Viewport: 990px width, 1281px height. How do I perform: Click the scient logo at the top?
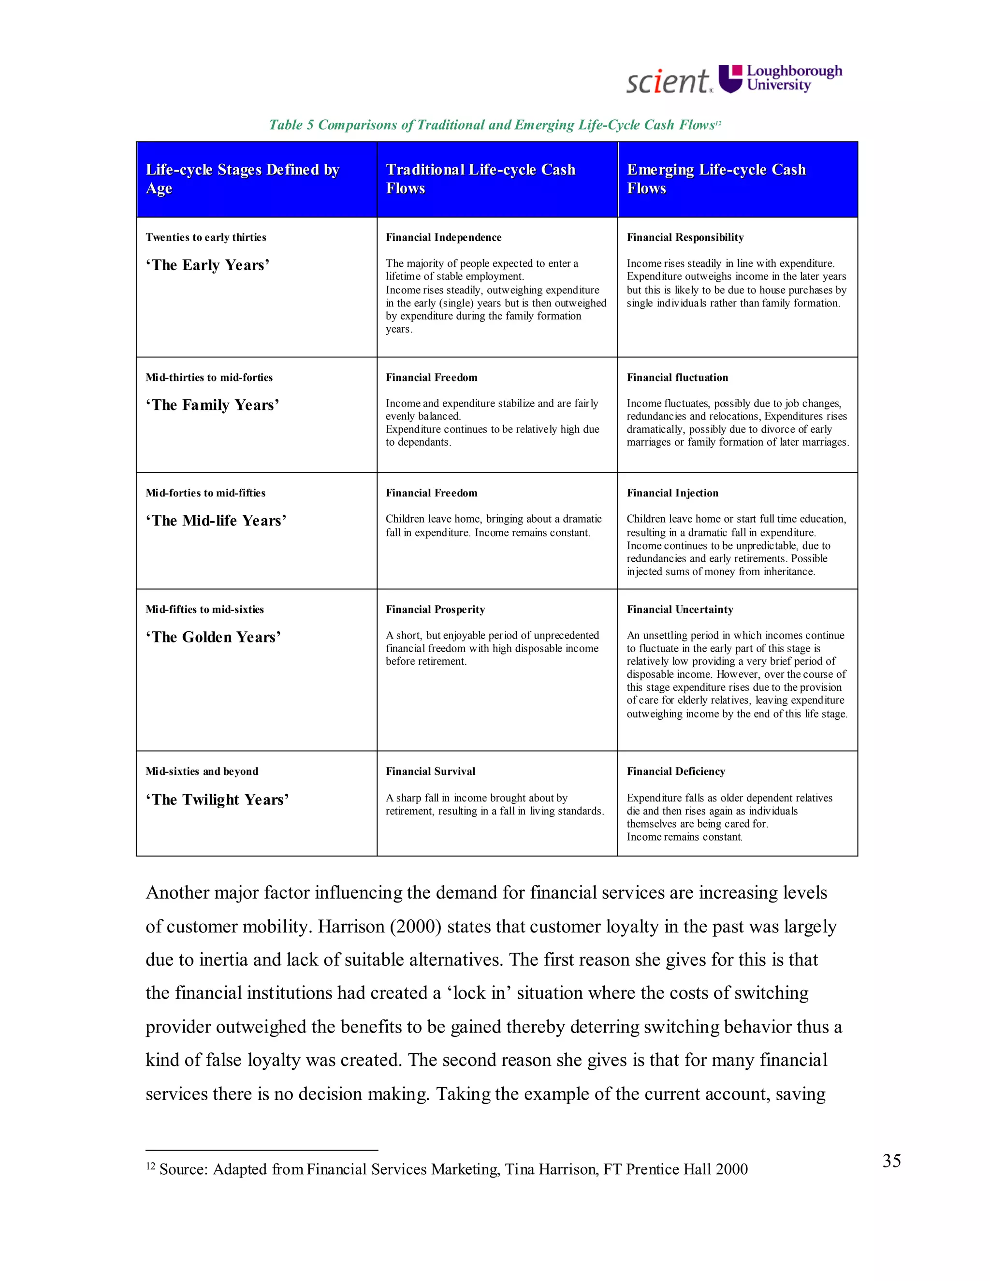(x=669, y=81)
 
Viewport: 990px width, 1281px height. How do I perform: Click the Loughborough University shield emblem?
(x=731, y=79)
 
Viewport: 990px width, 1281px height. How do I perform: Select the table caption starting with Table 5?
(x=495, y=125)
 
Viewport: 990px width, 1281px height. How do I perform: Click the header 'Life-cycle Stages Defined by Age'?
(x=242, y=178)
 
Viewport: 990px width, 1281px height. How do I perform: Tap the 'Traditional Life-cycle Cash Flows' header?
(x=480, y=178)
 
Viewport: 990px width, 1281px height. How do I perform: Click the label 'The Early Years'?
(x=207, y=265)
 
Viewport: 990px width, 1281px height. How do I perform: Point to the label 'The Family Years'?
(x=212, y=405)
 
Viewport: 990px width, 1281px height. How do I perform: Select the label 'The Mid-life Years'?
(x=216, y=521)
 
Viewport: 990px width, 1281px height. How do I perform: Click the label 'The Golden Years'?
(x=214, y=637)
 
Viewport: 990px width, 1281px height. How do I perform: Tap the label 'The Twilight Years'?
(x=218, y=800)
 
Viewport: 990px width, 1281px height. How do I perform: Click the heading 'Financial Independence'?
(x=443, y=237)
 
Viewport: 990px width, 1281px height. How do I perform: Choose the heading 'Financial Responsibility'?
(x=685, y=237)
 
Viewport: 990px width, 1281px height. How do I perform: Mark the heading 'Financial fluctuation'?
(x=677, y=378)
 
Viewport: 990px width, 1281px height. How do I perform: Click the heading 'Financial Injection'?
(x=672, y=493)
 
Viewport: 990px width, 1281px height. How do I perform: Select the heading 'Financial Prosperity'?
(x=435, y=610)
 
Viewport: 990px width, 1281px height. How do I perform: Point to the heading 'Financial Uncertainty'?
(x=680, y=610)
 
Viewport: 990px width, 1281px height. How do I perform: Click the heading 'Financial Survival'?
(x=431, y=772)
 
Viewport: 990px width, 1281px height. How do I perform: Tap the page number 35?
(x=891, y=1161)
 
